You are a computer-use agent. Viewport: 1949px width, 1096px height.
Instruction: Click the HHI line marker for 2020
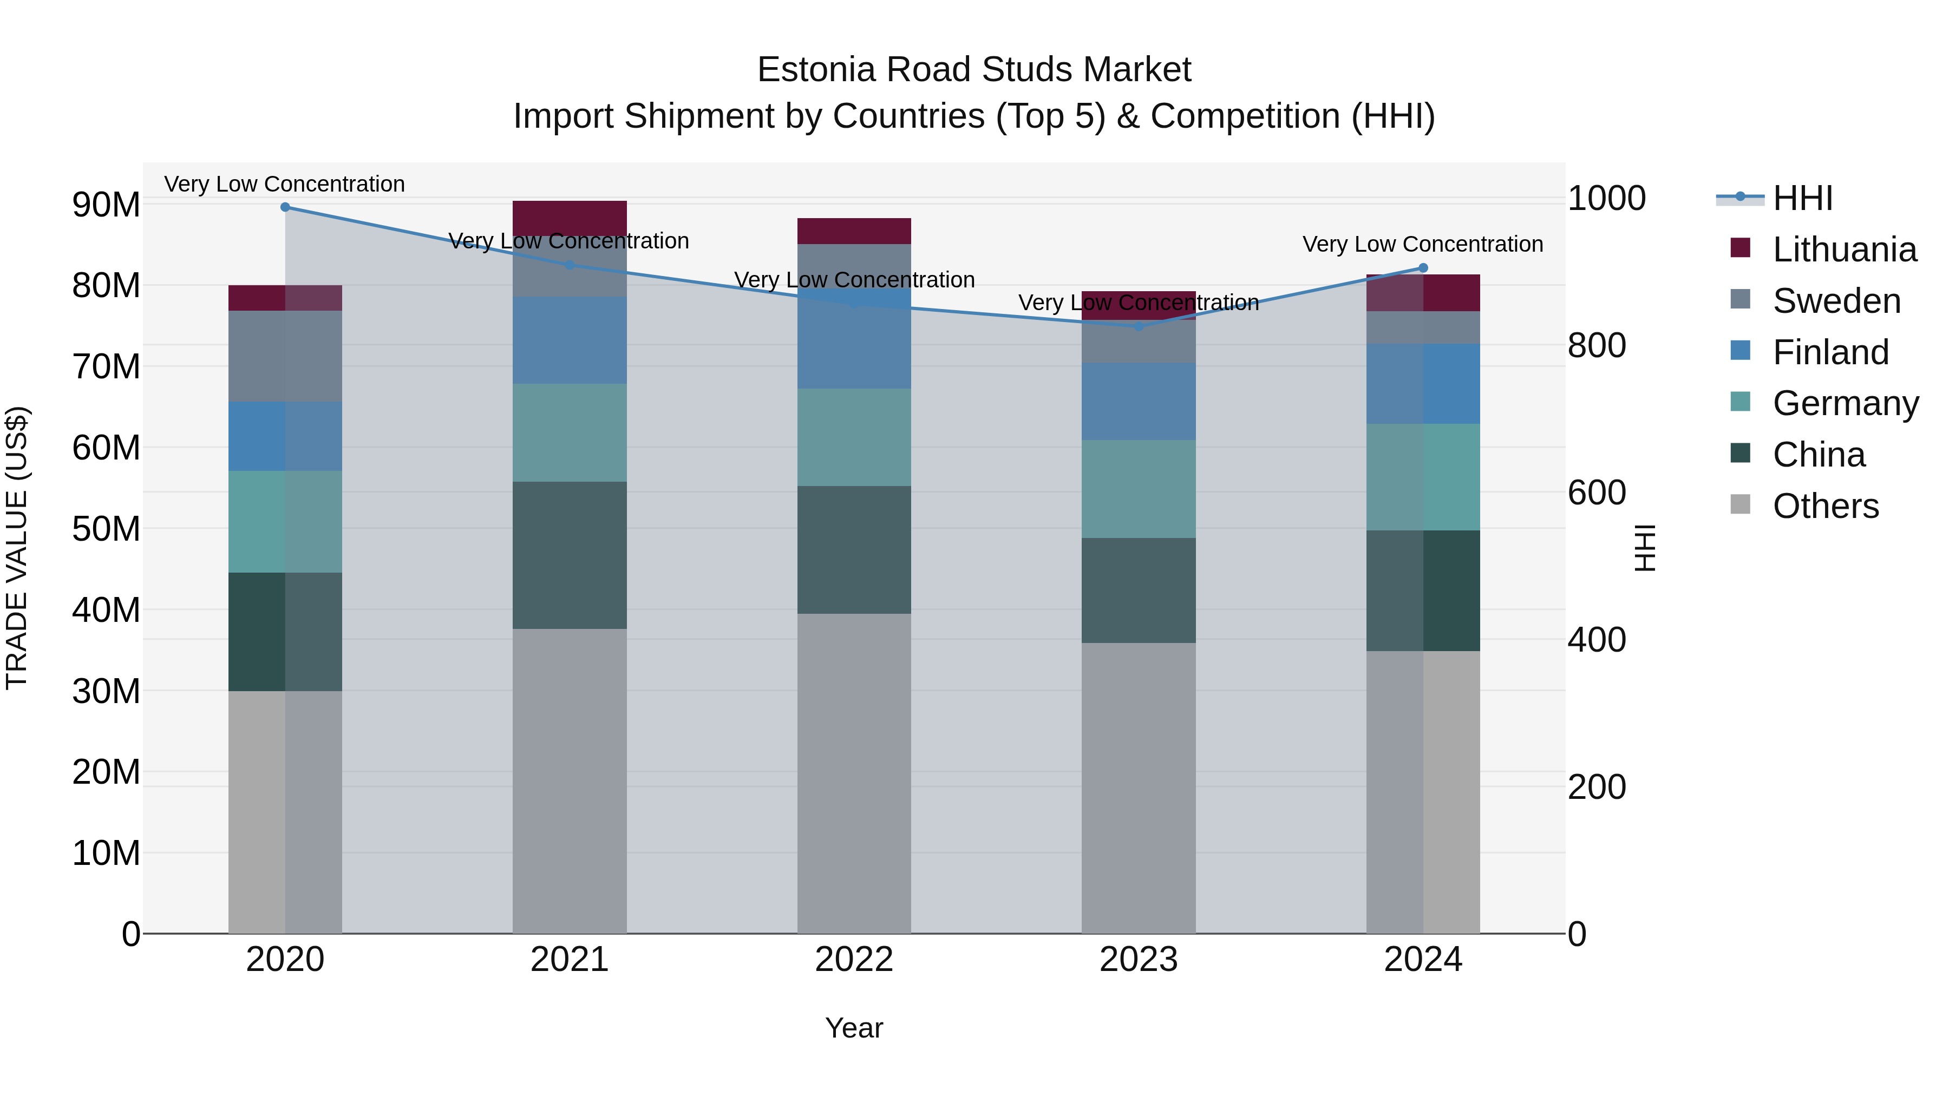coord(285,207)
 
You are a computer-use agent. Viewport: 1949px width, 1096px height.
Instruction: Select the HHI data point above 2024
coord(1423,268)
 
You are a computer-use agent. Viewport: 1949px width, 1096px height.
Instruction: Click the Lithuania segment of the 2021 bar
coord(570,218)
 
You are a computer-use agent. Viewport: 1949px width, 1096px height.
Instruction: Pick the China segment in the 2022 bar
coord(854,550)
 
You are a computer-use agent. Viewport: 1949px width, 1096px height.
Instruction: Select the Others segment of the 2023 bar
coord(1139,788)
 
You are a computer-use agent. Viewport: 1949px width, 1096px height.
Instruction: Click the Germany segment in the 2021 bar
coord(570,432)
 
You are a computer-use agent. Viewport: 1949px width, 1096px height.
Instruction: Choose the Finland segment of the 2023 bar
coord(1139,401)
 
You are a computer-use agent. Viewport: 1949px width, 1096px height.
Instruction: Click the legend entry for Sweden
coord(1836,301)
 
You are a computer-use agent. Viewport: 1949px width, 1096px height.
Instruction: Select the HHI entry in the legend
coord(1802,198)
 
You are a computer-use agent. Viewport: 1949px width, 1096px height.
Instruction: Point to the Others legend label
coord(1826,506)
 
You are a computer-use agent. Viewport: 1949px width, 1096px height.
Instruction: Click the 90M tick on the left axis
coord(106,205)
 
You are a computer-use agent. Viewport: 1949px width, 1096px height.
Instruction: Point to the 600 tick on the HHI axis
coord(1597,493)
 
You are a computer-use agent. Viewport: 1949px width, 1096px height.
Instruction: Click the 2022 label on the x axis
coord(854,960)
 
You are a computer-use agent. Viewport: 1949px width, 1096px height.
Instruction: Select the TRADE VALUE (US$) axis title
coord(17,548)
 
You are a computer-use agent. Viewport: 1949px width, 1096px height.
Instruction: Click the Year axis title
coord(854,1028)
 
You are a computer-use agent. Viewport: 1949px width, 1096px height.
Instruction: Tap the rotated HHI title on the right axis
coord(1644,548)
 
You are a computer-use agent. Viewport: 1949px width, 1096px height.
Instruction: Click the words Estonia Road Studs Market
coord(974,70)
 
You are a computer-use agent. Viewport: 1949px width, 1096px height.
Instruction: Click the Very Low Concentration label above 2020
coord(285,184)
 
